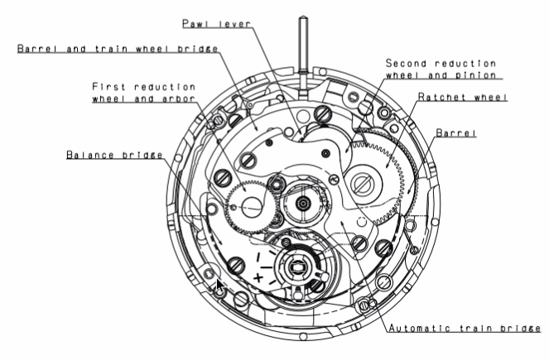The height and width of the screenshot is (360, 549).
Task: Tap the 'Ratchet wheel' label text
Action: (463, 97)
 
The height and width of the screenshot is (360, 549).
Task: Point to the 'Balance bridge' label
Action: (114, 154)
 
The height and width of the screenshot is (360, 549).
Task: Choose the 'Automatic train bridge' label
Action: (465, 329)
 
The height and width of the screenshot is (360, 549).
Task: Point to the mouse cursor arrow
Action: (219, 286)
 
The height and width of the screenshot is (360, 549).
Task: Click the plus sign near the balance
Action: (258, 278)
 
